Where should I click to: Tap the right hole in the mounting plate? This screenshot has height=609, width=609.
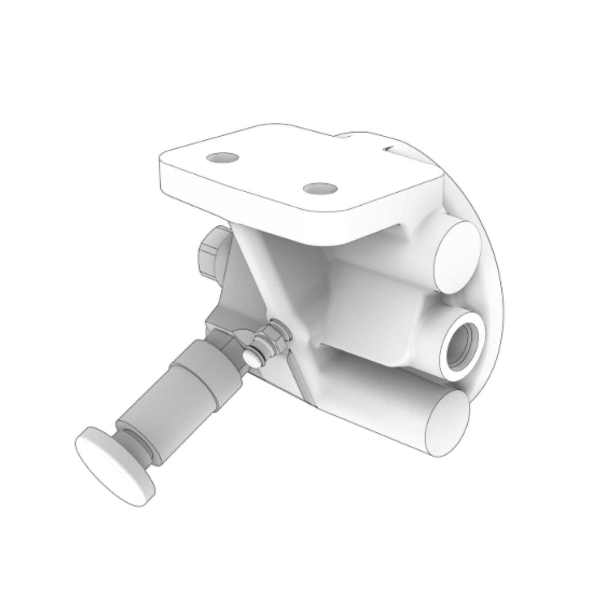pos(319,188)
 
